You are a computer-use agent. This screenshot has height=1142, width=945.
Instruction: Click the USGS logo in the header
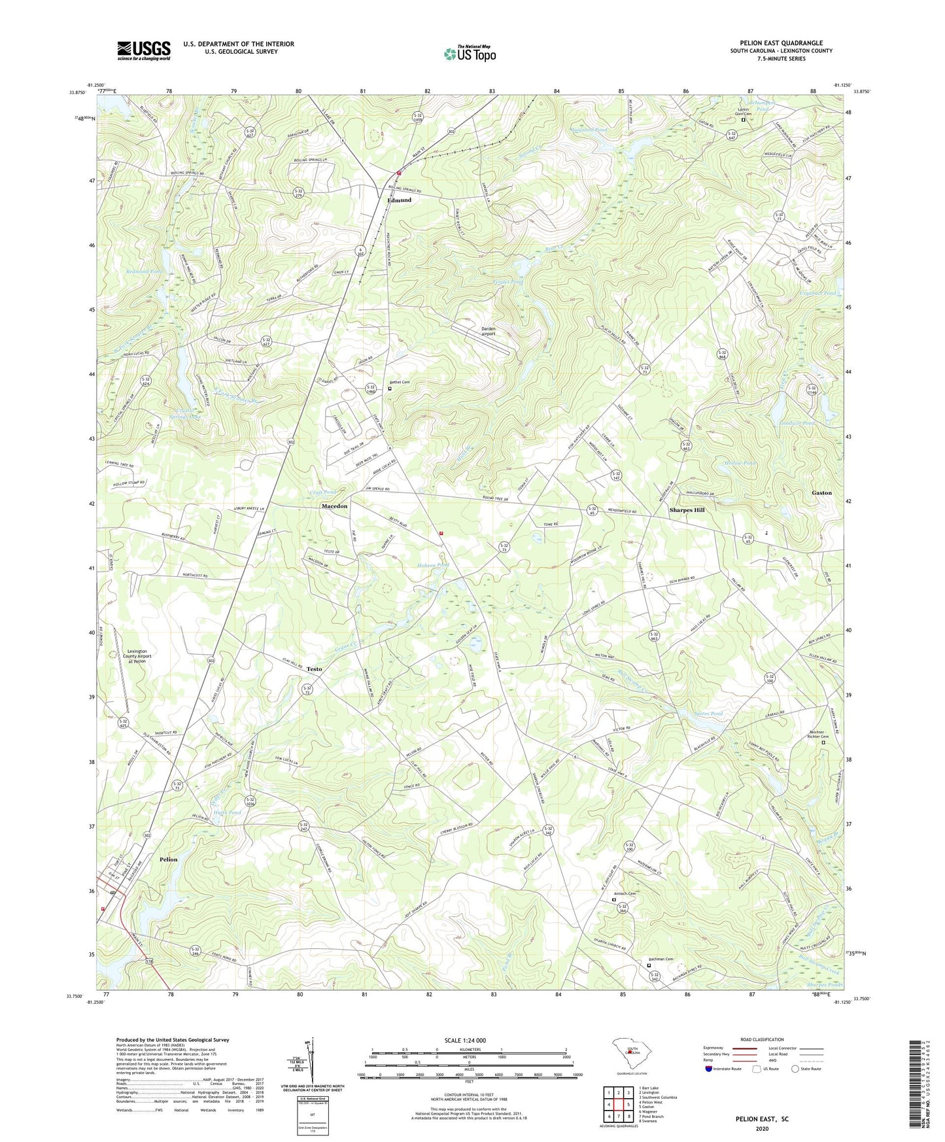144,50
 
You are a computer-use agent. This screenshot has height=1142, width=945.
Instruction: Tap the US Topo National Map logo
469,53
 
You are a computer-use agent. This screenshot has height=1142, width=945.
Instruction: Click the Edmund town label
400,200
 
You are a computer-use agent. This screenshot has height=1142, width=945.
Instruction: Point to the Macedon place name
334,506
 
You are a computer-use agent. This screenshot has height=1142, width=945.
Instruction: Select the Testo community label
314,669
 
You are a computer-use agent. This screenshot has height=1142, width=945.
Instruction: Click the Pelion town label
168,859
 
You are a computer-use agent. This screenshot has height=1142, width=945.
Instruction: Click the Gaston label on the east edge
821,493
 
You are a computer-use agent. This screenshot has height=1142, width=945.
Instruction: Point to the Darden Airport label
485,331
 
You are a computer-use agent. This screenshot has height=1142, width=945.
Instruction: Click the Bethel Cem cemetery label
402,382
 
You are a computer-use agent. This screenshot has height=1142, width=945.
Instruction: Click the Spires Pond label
708,714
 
